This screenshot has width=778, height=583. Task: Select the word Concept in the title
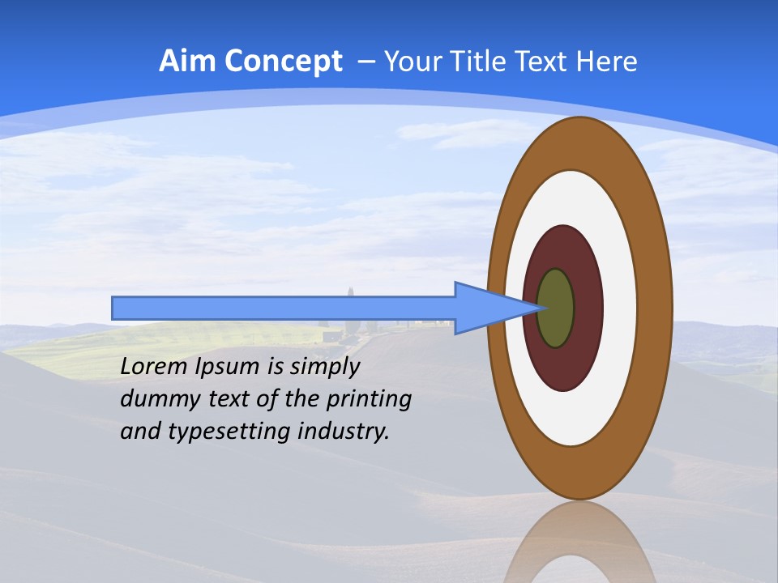[x=283, y=62]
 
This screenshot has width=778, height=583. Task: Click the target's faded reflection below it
[x=579, y=543]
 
